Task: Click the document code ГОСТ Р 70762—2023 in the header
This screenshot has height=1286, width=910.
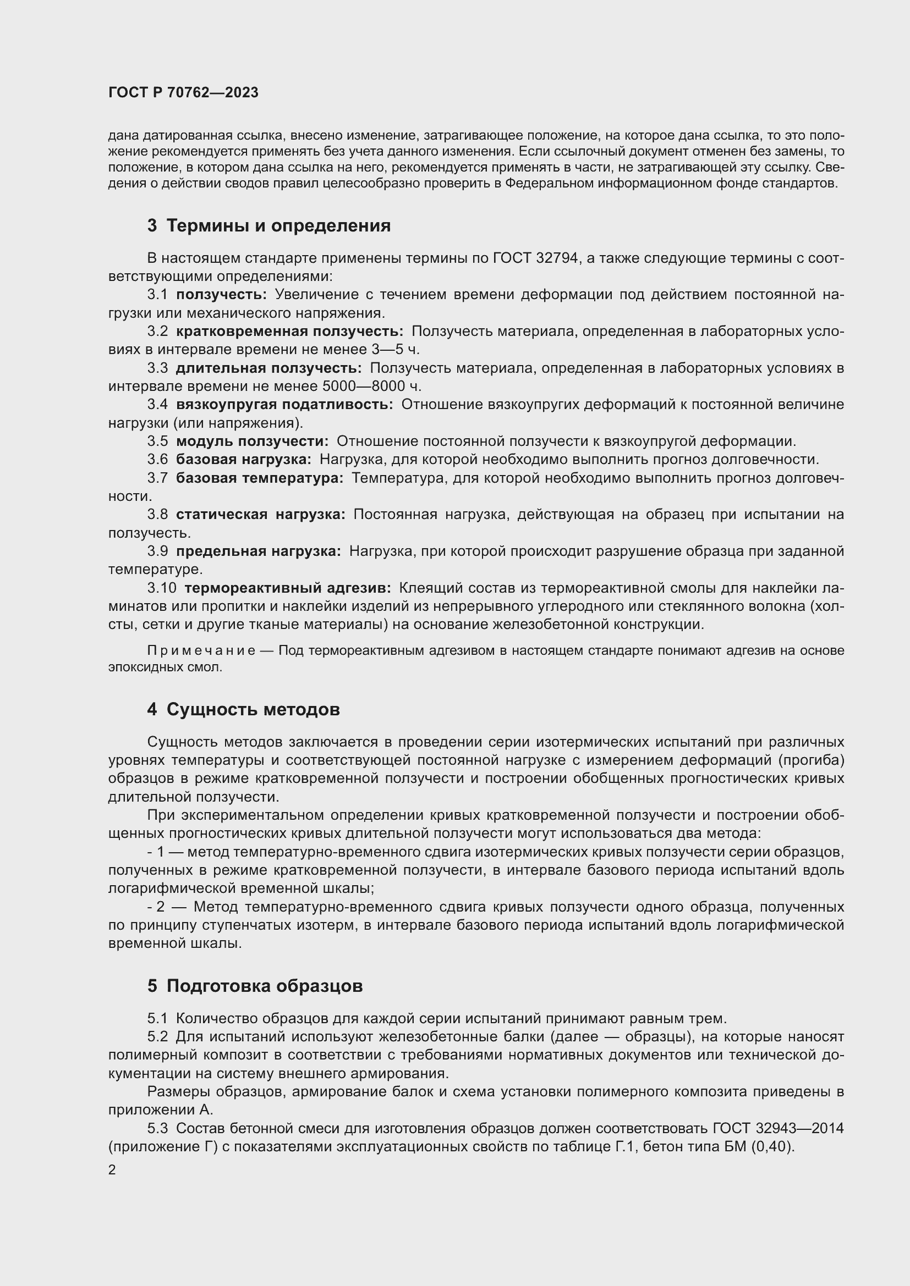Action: click(183, 92)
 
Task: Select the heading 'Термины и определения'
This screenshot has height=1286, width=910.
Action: click(278, 226)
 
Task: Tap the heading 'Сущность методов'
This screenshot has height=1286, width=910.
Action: click(253, 709)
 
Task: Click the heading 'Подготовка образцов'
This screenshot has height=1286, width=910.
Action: click(265, 986)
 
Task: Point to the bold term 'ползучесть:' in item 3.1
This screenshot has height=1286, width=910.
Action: click(221, 295)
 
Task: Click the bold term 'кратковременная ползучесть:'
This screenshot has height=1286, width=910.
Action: click(289, 331)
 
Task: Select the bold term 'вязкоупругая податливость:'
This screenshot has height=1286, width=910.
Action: click(284, 405)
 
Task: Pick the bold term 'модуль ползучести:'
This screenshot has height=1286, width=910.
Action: click(252, 441)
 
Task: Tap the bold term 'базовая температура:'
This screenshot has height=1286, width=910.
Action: click(260, 478)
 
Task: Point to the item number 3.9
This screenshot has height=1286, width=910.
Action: click(157, 551)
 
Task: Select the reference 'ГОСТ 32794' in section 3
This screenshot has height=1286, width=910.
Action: click(535, 258)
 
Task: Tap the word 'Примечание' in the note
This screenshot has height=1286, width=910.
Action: click(201, 650)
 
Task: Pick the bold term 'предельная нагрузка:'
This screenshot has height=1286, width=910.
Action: click(259, 551)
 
